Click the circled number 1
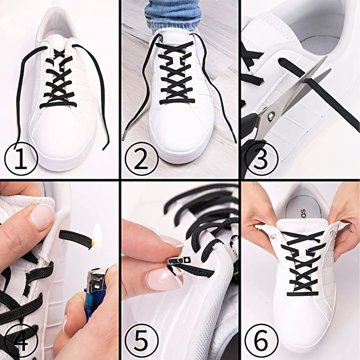21,159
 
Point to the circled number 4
21,340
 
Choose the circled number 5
141,340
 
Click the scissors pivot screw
271,115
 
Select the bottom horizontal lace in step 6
303,293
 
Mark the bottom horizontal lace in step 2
177,101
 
